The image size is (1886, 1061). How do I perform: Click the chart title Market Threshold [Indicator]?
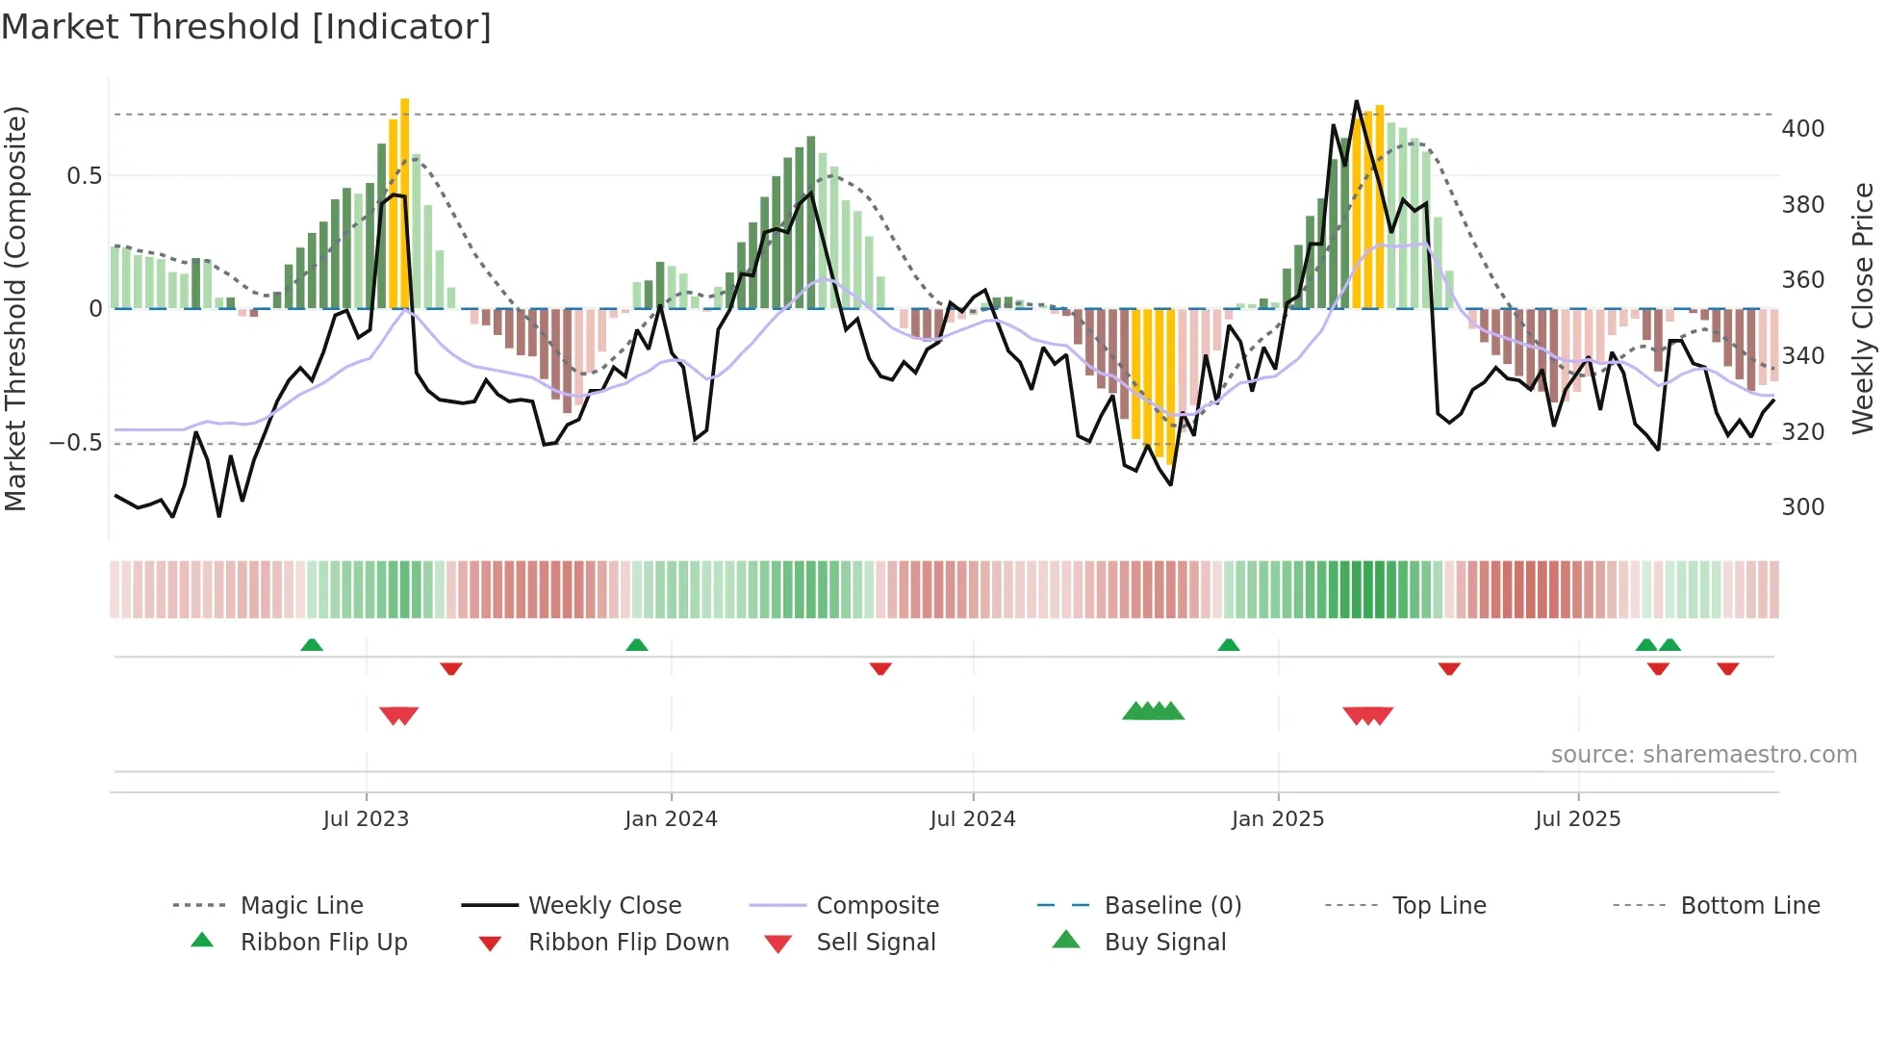tap(246, 27)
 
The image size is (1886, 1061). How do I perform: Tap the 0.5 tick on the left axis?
tap(84, 175)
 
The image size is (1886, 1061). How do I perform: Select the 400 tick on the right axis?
tap(1802, 129)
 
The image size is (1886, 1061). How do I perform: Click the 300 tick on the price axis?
tap(1802, 507)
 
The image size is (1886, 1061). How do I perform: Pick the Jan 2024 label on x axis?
tap(671, 819)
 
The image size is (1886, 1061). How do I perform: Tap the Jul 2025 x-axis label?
tap(1577, 819)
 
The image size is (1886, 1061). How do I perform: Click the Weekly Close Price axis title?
tap(1863, 308)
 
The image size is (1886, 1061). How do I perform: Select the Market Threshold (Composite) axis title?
tap(15, 308)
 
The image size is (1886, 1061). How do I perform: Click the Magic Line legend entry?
tap(301, 906)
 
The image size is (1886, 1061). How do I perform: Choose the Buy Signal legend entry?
tap(1164, 943)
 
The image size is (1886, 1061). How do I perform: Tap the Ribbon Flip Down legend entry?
tap(627, 943)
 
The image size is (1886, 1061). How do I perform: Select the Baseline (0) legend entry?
tap(1172, 906)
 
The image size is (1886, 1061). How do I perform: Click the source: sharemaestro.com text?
tap(1703, 755)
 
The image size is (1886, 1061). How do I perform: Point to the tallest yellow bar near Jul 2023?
tap(405, 202)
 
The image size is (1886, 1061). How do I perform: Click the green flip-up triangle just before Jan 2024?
tap(636, 645)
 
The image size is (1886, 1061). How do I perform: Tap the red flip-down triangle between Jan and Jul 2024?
tap(879, 668)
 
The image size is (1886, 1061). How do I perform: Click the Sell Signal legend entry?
tap(875, 943)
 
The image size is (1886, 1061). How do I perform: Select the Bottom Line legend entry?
tap(1749, 906)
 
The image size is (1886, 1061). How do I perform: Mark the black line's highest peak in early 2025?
tap(1356, 102)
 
